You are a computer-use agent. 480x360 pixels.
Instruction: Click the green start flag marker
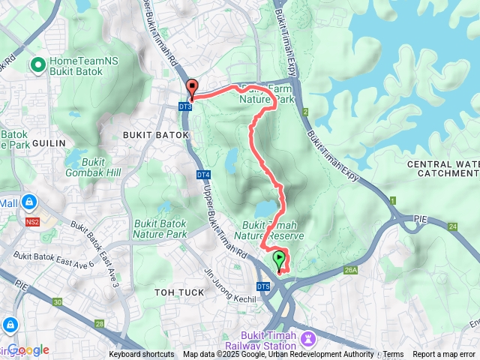(280, 261)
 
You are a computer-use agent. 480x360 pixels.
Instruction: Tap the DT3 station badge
(185, 107)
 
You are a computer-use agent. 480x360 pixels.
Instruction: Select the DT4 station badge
(203, 175)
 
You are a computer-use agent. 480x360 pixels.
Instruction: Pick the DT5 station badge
(262, 286)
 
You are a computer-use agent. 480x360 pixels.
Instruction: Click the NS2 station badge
(31, 223)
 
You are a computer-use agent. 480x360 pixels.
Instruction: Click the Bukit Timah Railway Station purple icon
(307, 340)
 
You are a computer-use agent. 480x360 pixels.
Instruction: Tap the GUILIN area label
(49, 142)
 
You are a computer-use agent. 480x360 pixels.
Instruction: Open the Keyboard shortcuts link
(142, 355)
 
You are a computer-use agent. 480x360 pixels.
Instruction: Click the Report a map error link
(444, 355)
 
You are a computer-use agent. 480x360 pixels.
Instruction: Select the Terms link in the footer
(393, 355)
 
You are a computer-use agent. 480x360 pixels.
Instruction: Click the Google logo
(28, 349)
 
